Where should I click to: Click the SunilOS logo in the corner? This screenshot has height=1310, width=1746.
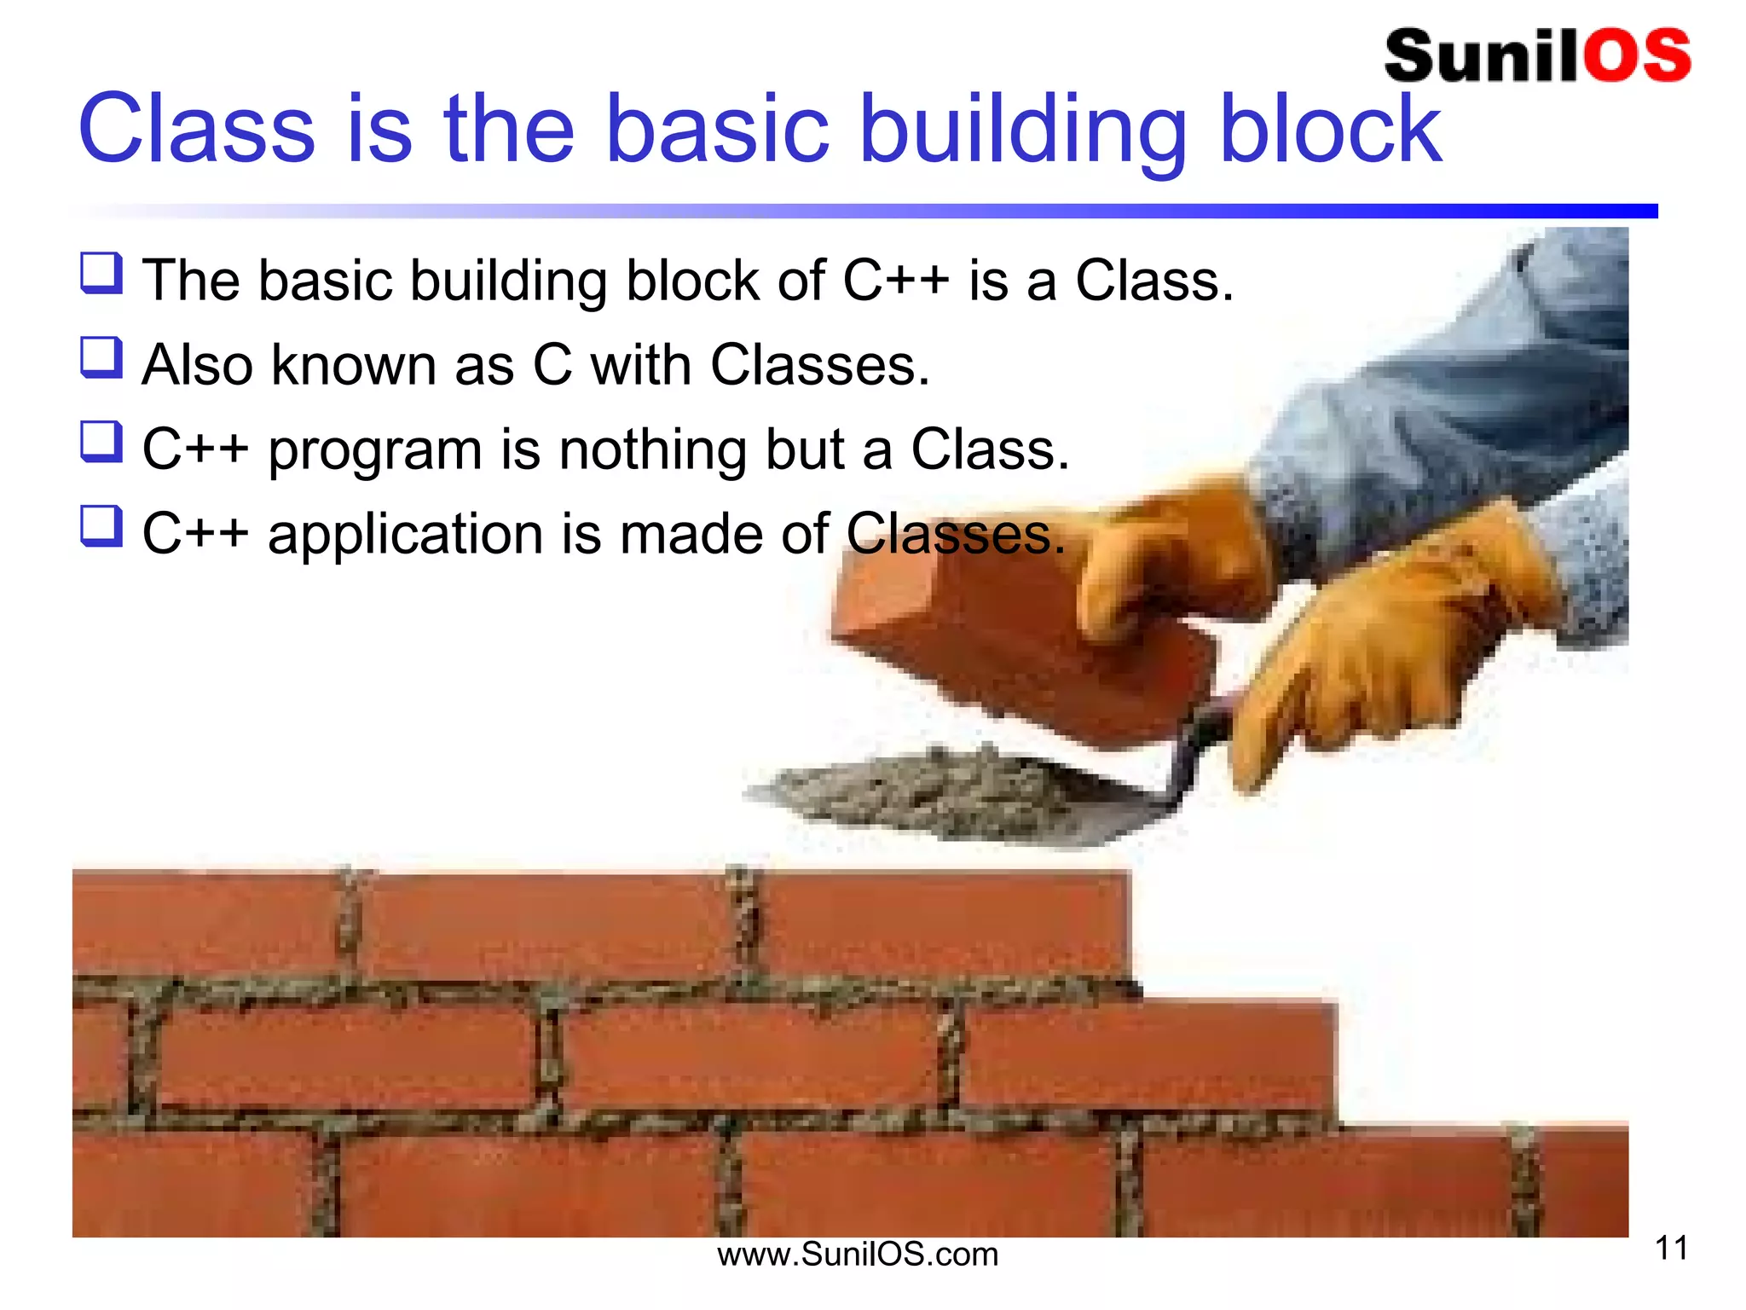[x=1536, y=55]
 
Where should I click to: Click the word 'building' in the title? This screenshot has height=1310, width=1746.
[x=1022, y=130]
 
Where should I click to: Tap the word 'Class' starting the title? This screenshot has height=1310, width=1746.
[x=196, y=130]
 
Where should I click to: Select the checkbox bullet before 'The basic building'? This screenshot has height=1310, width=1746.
[x=101, y=273]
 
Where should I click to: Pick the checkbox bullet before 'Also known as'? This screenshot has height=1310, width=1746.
[x=101, y=357]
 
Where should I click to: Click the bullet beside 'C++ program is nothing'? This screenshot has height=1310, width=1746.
[x=101, y=442]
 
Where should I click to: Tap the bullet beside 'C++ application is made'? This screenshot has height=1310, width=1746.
[x=101, y=526]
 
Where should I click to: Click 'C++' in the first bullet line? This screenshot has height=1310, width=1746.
[x=895, y=280]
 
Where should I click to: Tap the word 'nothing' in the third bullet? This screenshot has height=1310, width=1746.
[x=652, y=450]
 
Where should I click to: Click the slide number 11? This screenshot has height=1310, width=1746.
[x=1671, y=1249]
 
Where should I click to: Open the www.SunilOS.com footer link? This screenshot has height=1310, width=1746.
[x=857, y=1255]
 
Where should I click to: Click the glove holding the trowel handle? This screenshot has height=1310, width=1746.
[x=1381, y=648]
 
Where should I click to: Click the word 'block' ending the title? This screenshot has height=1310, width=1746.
[x=1330, y=130]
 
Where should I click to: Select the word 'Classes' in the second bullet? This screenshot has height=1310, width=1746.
[x=818, y=365]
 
